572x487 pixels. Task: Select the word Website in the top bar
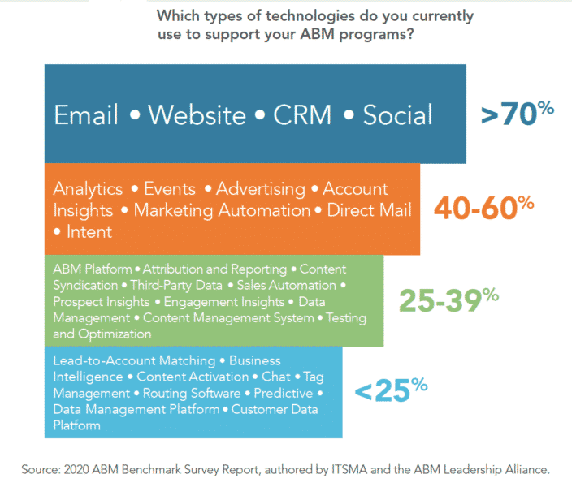click(x=195, y=115)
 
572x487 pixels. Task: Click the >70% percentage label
click(x=517, y=113)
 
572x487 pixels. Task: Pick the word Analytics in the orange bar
click(x=88, y=189)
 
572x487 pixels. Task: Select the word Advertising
click(x=260, y=189)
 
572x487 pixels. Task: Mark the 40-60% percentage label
click(x=483, y=208)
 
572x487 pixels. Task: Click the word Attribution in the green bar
click(x=177, y=269)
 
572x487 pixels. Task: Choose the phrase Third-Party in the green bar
click(x=162, y=286)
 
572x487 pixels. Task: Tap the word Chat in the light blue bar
click(x=276, y=377)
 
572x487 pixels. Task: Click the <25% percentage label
click(x=391, y=391)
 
